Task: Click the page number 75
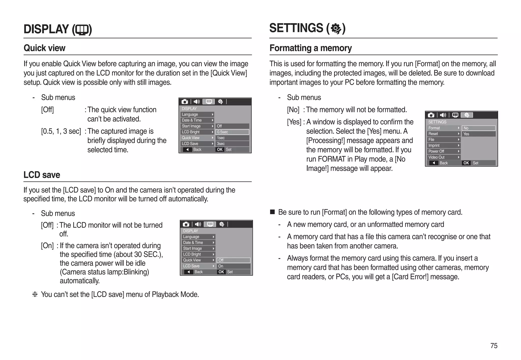494,345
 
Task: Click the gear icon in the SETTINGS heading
336,28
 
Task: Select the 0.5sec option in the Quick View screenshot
232,132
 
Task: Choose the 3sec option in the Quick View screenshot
232,144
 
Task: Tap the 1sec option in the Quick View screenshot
232,138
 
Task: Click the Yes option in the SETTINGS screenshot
478,134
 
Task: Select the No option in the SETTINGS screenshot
478,128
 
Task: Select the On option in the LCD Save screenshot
233,266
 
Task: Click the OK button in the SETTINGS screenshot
466,163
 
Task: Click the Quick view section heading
45,48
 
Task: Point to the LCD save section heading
42,175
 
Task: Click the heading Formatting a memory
310,48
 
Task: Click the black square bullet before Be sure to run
272,212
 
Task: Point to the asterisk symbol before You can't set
35,295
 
